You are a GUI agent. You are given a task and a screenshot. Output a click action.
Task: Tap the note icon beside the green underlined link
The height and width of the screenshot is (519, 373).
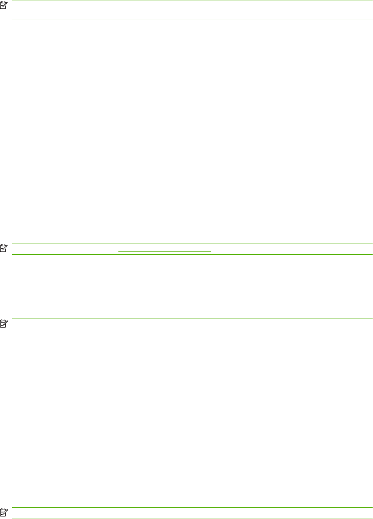coord(4,249)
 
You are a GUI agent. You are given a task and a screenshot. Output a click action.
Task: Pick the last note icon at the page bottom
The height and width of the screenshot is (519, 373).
coord(4,512)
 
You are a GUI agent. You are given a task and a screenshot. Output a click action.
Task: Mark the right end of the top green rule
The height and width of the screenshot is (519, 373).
coord(372,0)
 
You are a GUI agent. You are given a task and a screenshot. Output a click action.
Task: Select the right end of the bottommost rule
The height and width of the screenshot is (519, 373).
coord(372,518)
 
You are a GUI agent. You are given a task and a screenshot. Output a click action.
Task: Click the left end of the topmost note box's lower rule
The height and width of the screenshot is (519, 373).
coord(12,20)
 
